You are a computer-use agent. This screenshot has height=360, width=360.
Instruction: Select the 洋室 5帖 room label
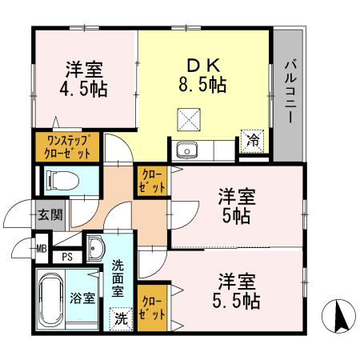[x=236, y=206]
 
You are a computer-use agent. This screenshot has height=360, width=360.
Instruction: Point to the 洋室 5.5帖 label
[x=236, y=292]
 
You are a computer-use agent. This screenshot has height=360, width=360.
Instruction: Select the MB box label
[x=41, y=247]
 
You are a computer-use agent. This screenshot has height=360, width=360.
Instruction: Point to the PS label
[x=69, y=257]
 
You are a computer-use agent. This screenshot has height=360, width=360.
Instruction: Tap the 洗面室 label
[x=118, y=278]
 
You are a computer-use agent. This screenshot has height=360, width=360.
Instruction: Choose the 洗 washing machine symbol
[x=119, y=318]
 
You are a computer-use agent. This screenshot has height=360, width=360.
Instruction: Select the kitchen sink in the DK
[x=186, y=150]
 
